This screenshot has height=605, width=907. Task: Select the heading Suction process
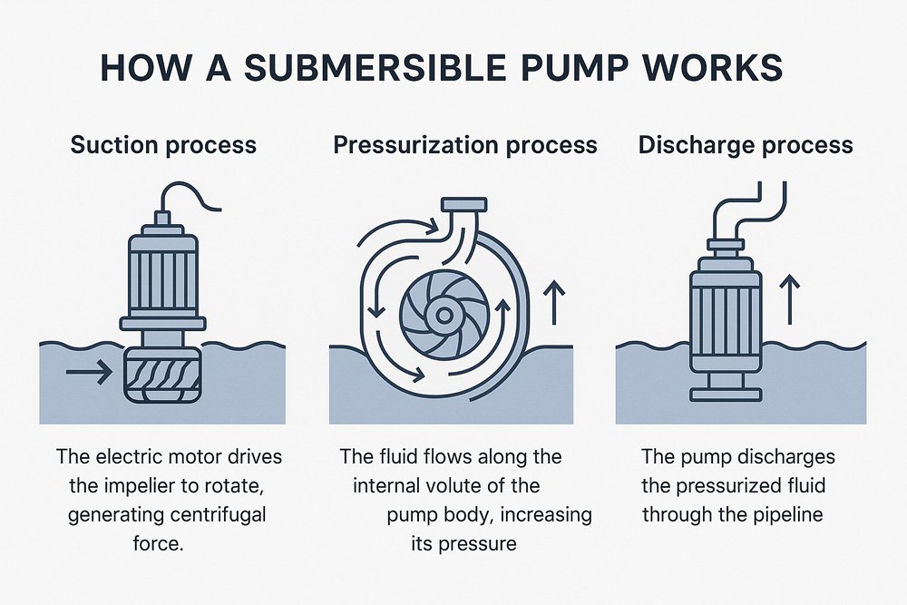(163, 145)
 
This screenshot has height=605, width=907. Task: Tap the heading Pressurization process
(465, 145)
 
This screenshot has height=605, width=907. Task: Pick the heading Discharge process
(746, 145)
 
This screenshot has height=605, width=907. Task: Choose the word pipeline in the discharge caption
(783, 515)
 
